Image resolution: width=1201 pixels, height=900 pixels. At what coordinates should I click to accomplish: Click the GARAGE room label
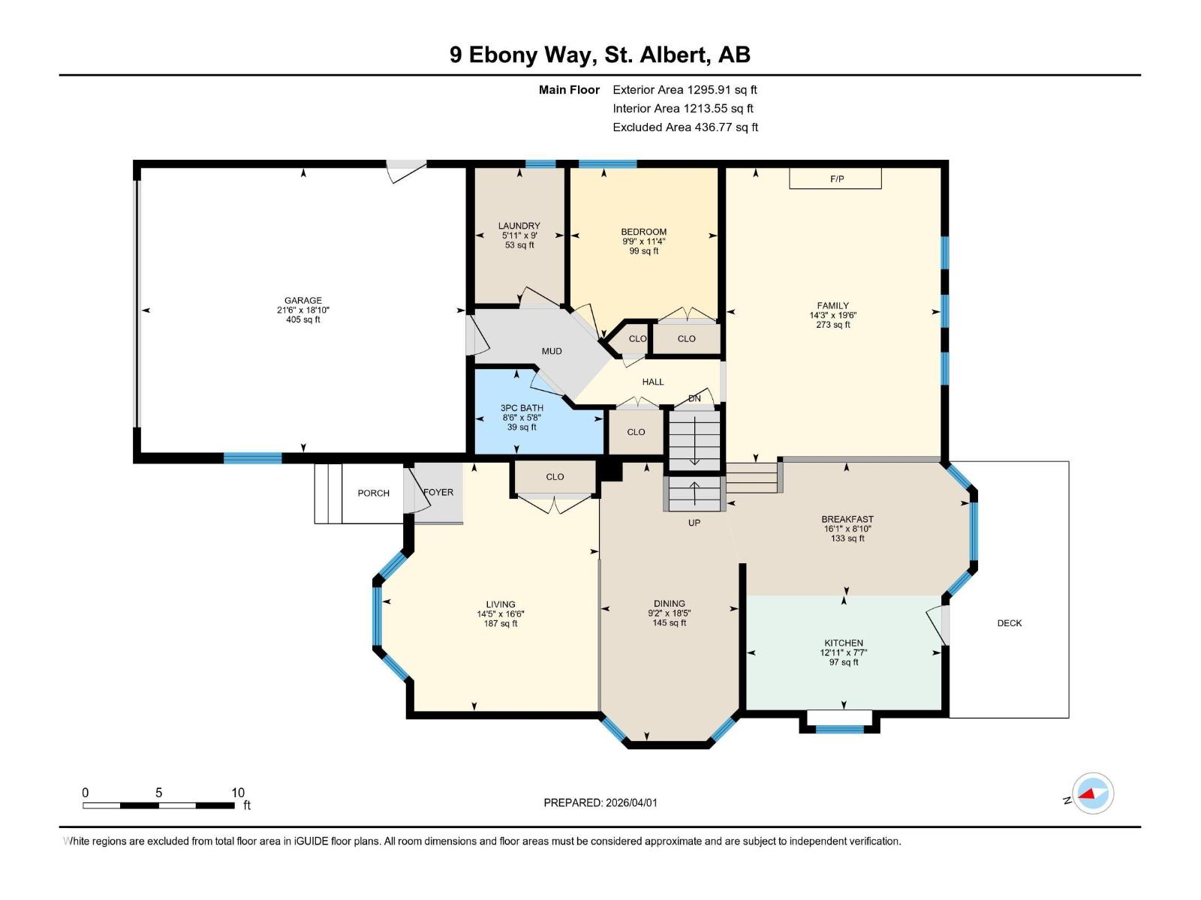click(303, 300)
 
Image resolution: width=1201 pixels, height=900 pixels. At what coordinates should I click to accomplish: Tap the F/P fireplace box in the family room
click(835, 178)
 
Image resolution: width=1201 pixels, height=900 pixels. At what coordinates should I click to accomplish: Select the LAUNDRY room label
click(519, 226)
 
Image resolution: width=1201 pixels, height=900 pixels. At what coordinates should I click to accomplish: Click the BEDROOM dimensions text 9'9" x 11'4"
click(643, 241)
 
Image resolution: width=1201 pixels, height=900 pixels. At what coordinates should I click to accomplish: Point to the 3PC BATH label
click(522, 408)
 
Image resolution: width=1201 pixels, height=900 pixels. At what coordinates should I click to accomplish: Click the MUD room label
click(552, 351)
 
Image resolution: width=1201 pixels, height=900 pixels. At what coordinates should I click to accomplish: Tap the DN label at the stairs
click(694, 398)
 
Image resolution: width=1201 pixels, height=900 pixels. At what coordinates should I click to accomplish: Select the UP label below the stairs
click(694, 522)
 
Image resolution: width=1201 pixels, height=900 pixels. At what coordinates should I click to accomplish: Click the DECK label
click(1009, 623)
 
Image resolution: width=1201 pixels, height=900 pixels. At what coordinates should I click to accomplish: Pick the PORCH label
click(373, 493)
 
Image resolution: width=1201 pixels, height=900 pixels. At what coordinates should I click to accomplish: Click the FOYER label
click(438, 492)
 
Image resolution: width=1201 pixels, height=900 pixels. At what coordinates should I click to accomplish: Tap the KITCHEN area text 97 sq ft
click(844, 662)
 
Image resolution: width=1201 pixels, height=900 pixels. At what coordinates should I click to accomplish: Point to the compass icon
click(1093, 793)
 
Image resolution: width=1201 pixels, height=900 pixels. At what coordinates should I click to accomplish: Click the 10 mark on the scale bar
click(238, 793)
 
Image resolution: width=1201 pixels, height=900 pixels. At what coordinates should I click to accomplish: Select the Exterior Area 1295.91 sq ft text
click(685, 89)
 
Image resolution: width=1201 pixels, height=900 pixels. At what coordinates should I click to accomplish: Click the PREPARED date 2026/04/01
click(630, 802)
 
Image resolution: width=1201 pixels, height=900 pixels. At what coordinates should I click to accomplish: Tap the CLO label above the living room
click(555, 477)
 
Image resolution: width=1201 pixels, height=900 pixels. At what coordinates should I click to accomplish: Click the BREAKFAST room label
click(847, 519)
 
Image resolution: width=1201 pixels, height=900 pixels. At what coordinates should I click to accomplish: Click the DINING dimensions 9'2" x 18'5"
click(669, 613)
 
